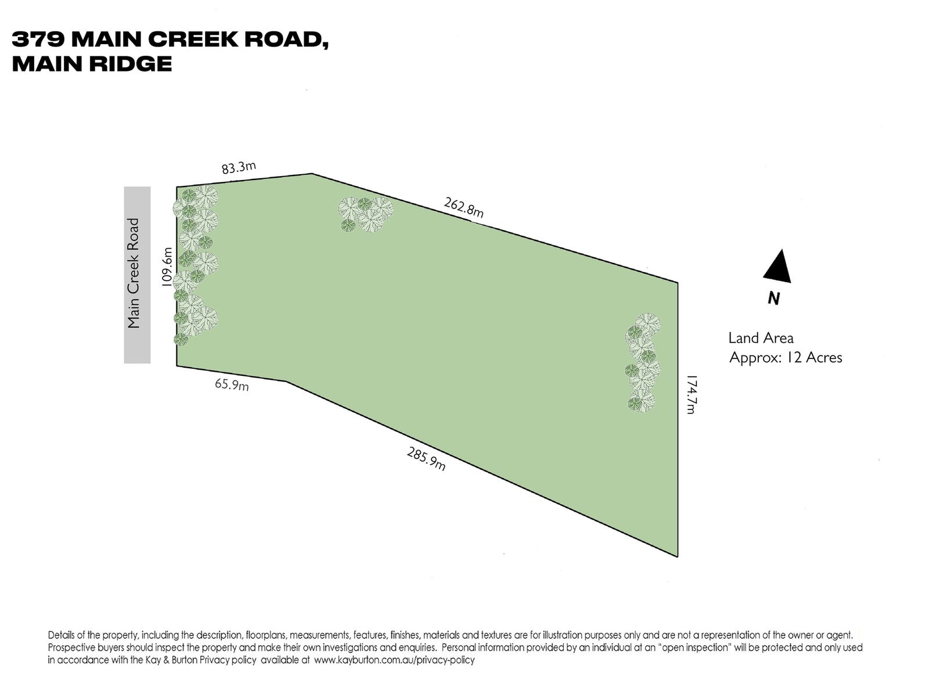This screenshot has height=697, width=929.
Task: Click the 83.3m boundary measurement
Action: click(x=239, y=168)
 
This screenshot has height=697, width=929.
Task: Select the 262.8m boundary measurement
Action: click(x=463, y=208)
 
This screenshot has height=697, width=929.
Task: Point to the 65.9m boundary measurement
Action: click(x=231, y=384)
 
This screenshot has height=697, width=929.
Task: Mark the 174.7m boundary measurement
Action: click(x=690, y=394)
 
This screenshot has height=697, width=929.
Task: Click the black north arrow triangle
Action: click(x=777, y=267)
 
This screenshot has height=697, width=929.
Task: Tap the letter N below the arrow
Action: click(x=773, y=299)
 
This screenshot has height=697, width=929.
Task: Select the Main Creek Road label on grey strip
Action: click(x=135, y=273)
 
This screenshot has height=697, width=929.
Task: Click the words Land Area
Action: click(x=761, y=337)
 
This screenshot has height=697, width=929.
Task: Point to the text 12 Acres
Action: click(x=813, y=357)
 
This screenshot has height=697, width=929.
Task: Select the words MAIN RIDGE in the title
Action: click(x=92, y=63)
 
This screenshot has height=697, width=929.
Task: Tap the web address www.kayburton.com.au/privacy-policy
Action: click(x=394, y=660)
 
